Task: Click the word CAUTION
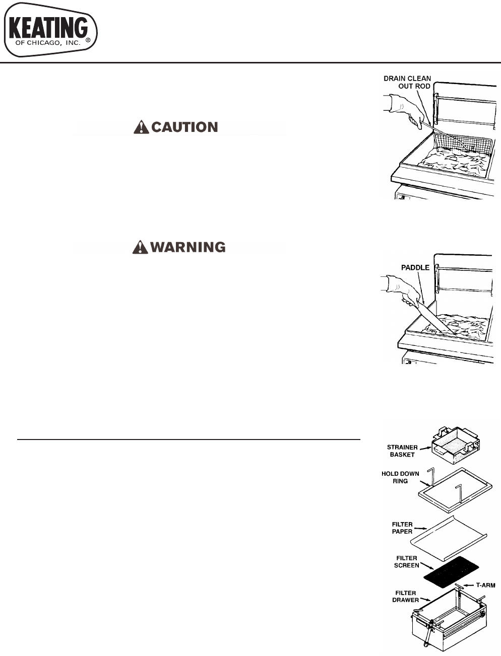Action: point(184,127)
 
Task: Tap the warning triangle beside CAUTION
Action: point(141,127)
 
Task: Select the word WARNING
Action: point(188,247)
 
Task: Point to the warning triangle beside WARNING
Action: point(140,247)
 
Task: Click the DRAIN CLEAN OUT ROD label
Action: point(407,82)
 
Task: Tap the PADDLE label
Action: point(415,267)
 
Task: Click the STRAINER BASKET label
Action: point(402,451)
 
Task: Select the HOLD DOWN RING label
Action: point(401,477)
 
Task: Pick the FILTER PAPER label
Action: point(402,528)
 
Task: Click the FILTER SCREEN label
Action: point(406,561)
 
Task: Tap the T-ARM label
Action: point(485,585)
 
